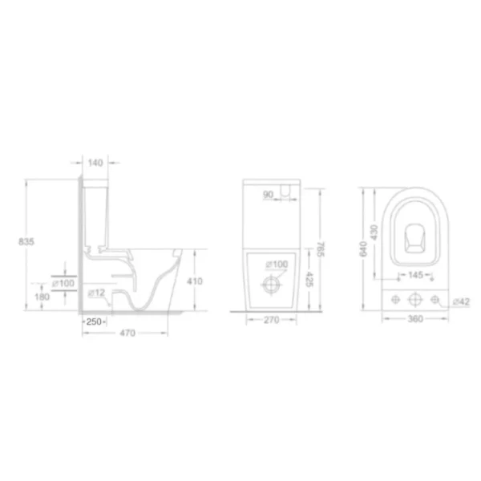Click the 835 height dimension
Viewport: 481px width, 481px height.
coord(26,242)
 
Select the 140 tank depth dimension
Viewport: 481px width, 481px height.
coord(95,163)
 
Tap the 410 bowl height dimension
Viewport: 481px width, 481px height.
coord(195,281)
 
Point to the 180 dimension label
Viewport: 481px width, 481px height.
coord(42,297)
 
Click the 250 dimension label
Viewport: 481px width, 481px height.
coord(94,321)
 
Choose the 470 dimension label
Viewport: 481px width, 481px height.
coord(127,333)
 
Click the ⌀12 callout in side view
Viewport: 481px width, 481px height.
coord(97,293)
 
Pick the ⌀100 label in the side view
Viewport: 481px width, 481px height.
coord(63,283)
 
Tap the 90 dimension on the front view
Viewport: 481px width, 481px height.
coord(268,195)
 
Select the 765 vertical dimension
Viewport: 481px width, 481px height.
coord(320,249)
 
